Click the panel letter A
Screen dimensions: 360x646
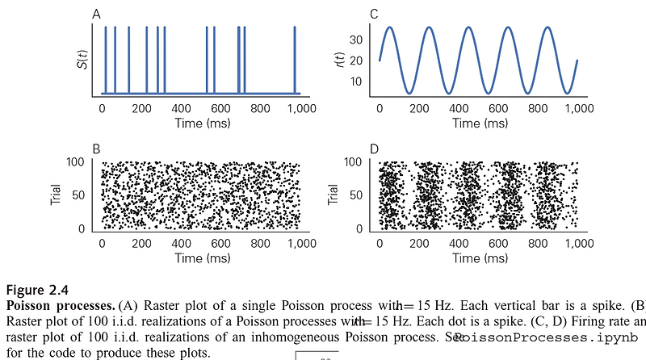[97, 14]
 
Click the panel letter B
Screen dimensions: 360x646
[97, 150]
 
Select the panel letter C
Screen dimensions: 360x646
[374, 14]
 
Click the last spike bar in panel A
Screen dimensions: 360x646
[296, 61]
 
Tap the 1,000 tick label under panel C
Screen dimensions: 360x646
[576, 108]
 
